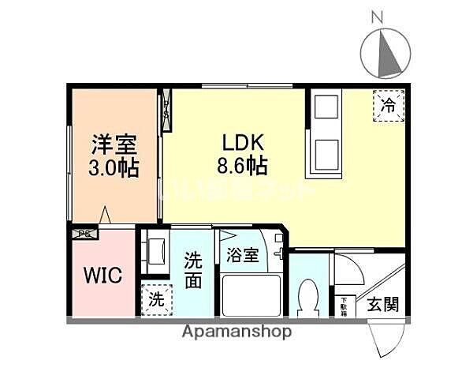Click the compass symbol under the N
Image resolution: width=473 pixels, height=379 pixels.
click(385, 54)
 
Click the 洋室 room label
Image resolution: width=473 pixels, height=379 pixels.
click(114, 145)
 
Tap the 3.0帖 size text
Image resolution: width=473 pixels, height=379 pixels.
click(114, 167)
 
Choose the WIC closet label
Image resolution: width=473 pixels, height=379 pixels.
click(102, 276)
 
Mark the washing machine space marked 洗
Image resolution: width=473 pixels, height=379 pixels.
click(157, 299)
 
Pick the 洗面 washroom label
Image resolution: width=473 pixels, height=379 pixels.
click(194, 270)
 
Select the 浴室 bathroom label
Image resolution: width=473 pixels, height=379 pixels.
click(242, 255)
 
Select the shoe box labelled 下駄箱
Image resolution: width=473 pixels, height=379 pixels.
click(344, 305)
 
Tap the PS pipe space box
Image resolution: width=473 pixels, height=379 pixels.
click(83, 233)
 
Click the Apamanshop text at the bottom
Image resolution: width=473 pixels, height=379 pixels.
click(237, 332)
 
